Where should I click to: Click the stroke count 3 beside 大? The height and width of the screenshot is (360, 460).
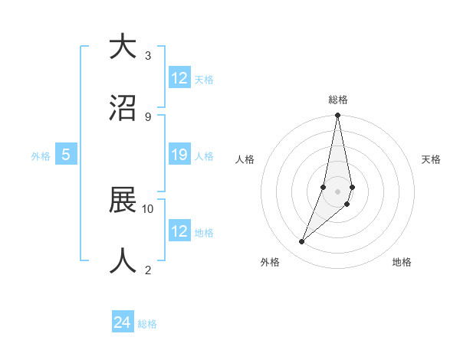tap(148, 56)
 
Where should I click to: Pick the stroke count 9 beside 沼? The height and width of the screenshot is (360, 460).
tap(148, 116)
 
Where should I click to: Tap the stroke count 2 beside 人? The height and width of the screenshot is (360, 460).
tap(148, 270)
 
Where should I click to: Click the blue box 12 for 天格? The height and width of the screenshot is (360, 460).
tap(179, 78)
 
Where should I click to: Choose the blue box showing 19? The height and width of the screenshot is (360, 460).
tap(179, 155)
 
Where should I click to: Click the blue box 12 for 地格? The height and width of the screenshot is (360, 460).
tap(179, 231)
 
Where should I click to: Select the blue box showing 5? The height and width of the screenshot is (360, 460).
tap(66, 155)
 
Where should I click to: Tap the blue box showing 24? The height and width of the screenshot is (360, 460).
tap(123, 323)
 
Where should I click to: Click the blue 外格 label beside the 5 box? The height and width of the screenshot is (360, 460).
tap(41, 155)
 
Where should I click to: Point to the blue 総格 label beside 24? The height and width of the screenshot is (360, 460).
tap(147, 324)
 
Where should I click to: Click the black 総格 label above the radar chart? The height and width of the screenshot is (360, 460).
tap(337, 100)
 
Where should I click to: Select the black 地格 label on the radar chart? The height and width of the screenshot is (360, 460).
tap(402, 262)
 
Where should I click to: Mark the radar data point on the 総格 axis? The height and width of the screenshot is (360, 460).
tap(337, 116)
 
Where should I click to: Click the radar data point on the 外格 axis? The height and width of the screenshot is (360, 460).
tap(301, 242)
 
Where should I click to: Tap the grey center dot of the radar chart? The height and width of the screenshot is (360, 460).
tap(337, 191)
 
